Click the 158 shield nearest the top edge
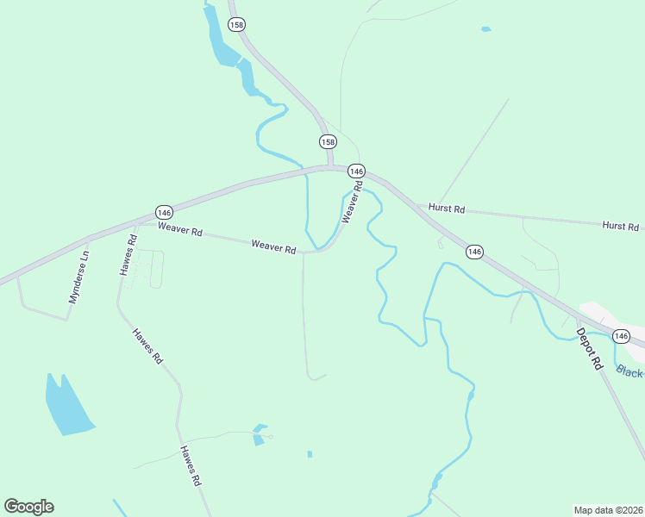coord(236,25)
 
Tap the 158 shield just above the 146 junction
coord(328,141)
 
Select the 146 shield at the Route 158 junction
coord(357,171)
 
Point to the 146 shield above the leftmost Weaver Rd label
coord(165,212)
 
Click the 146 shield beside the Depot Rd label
coord(621,334)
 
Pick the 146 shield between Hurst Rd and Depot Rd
coord(474,251)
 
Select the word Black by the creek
coord(629,371)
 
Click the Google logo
coord(28,507)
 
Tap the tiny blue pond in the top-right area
coord(485,29)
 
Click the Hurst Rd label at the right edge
coord(621,226)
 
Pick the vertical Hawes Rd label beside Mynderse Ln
coord(128,255)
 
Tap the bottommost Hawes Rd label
coord(191,466)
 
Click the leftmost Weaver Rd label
coord(179,230)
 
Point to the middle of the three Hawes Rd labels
coord(147,346)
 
